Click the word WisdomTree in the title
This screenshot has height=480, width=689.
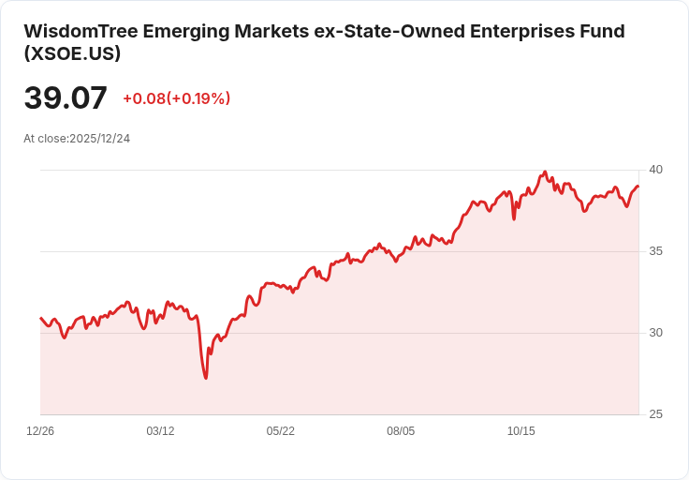click(81, 31)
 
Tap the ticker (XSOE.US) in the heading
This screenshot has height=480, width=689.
click(72, 53)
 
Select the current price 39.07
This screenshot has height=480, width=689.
click(66, 97)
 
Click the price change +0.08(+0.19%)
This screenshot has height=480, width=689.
click(177, 98)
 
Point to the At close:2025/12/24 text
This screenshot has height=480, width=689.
click(77, 139)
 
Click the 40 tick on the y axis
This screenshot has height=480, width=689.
click(655, 170)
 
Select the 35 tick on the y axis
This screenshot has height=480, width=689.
click(655, 251)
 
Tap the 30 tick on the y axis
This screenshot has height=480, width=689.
click(655, 333)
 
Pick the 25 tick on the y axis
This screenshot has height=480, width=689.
click(655, 414)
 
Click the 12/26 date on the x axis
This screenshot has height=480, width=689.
click(40, 431)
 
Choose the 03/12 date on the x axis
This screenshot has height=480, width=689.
click(160, 431)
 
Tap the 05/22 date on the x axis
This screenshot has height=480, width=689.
click(280, 431)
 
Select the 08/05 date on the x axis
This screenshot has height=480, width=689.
click(401, 431)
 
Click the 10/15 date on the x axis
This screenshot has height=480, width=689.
click(521, 431)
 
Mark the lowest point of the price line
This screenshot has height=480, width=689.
click(206, 378)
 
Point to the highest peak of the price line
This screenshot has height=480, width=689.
click(545, 172)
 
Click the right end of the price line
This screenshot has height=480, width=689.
click(638, 187)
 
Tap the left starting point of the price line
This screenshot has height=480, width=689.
click(40, 318)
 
